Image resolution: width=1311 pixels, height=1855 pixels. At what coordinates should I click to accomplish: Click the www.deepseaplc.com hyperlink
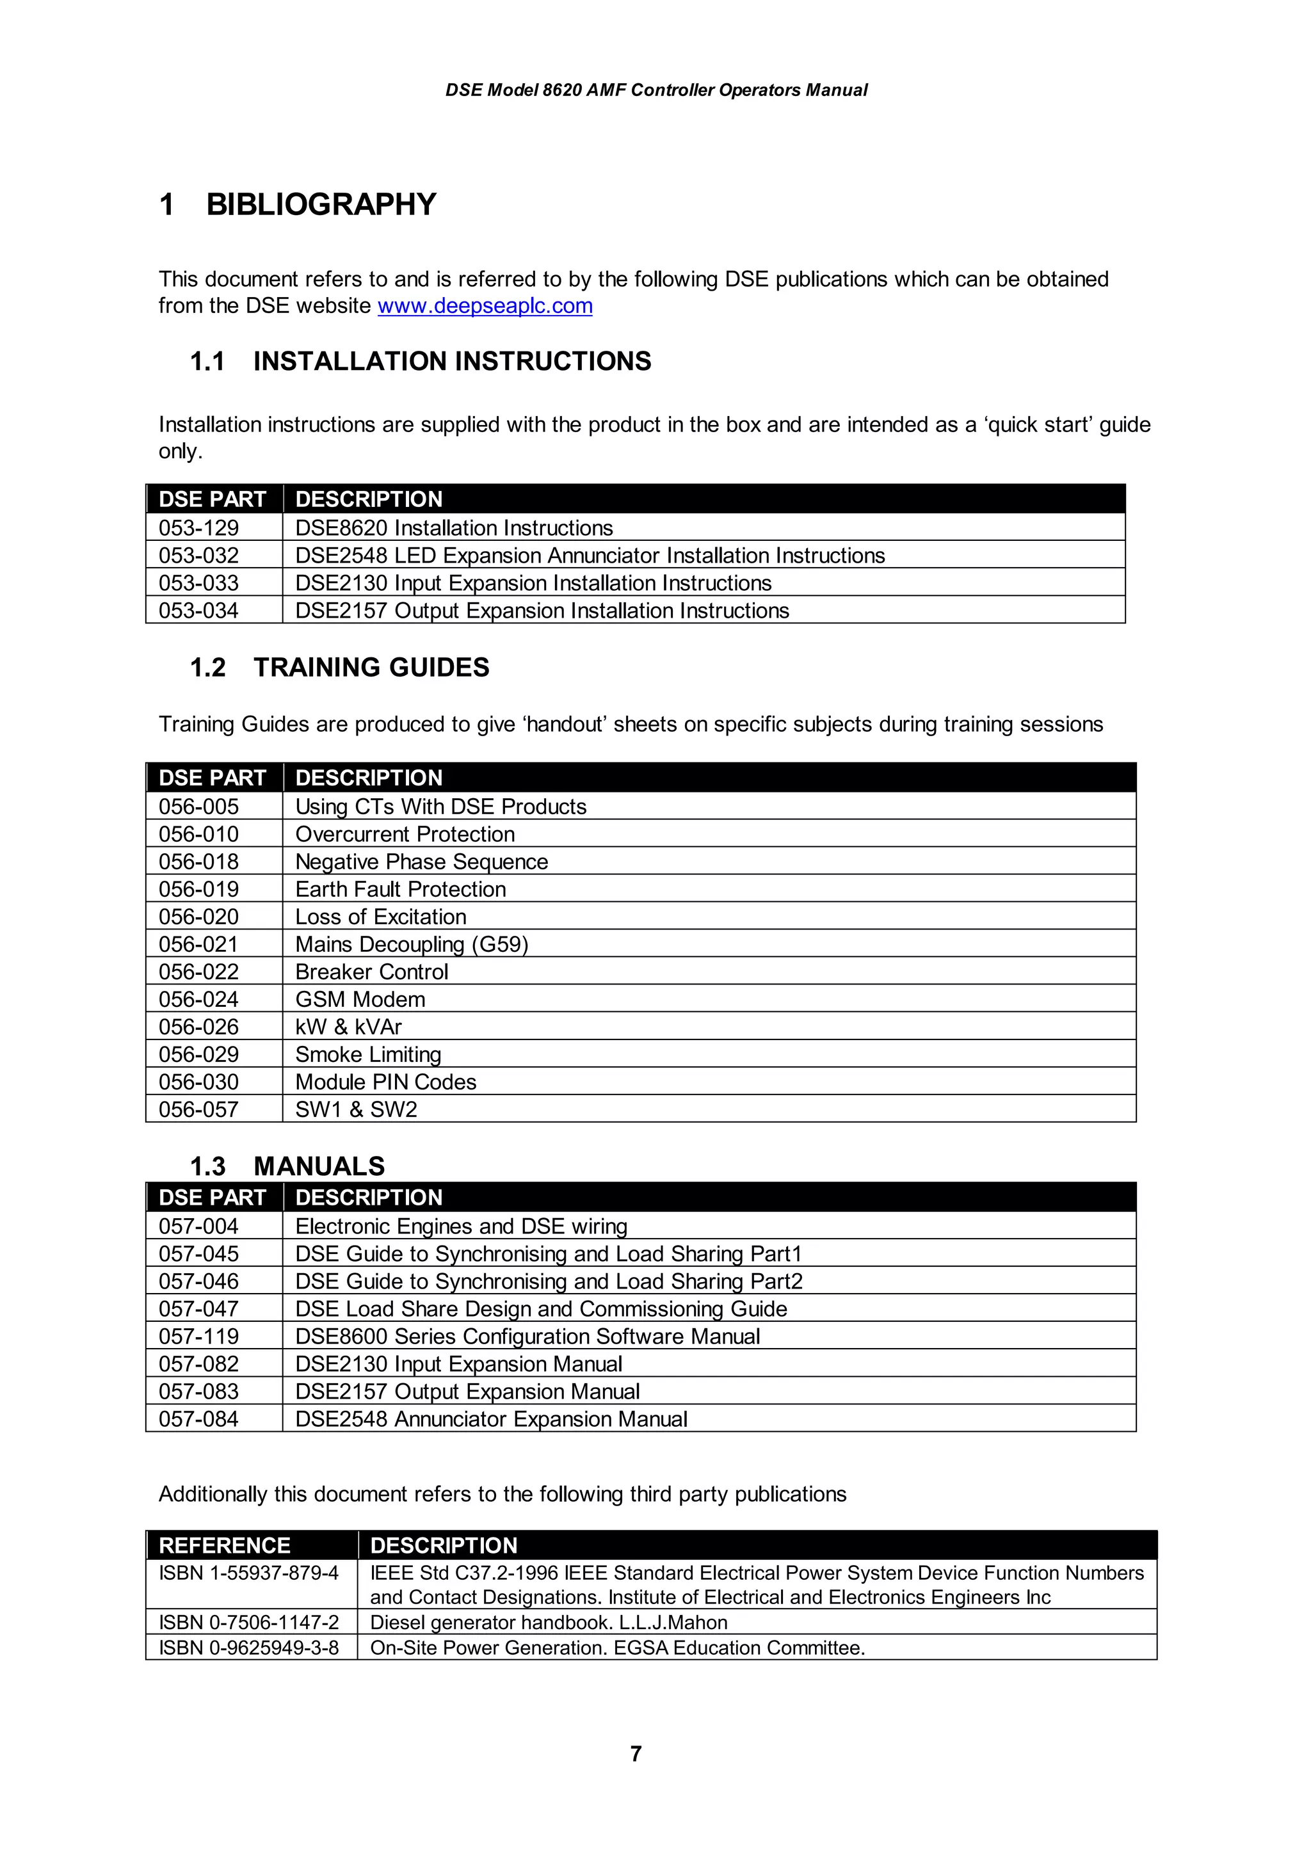485,306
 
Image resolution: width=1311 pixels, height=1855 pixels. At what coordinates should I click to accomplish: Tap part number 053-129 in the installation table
198,527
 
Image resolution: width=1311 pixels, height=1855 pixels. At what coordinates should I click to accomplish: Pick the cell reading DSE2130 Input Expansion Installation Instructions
533,582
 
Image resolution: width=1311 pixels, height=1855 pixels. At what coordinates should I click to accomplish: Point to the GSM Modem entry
360,999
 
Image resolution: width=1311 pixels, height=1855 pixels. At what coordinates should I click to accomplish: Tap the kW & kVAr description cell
348,1026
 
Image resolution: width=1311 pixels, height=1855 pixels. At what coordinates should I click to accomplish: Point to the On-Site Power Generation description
617,1648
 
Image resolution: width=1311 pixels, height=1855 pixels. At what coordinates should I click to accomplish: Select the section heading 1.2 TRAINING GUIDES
339,668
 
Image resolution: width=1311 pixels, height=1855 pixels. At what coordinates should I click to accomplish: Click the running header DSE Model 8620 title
656,90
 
